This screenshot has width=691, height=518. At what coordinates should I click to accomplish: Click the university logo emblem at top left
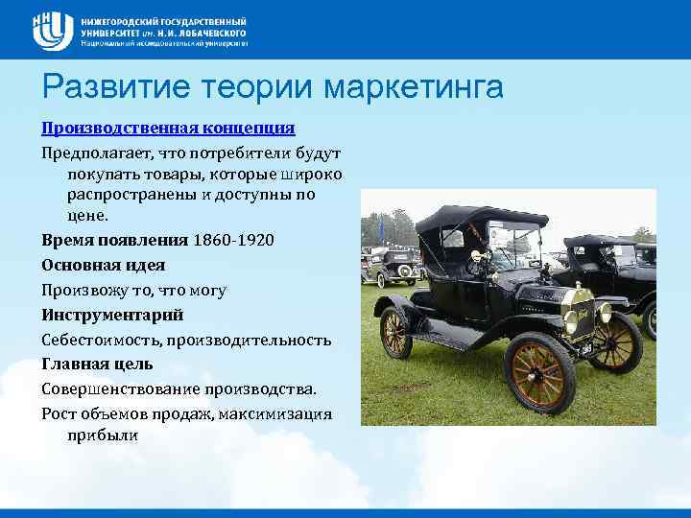53,31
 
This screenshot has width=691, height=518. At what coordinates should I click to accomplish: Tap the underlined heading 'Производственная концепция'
168,128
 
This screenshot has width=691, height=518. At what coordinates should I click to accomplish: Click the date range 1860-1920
233,240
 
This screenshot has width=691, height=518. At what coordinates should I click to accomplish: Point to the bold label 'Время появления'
115,240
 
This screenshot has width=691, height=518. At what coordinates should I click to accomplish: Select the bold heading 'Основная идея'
104,265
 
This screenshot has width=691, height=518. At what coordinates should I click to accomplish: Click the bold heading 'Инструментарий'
112,315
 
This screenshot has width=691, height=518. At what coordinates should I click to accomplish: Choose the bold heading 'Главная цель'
97,365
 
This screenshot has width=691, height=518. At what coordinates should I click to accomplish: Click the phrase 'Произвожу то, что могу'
134,290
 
